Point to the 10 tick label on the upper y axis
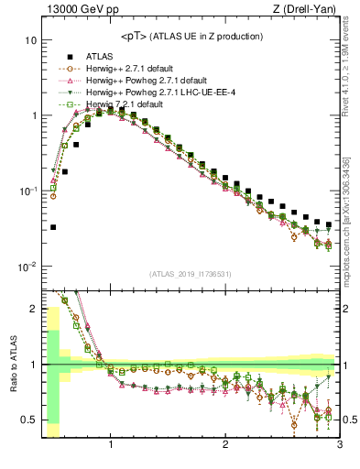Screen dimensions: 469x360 (29, 41)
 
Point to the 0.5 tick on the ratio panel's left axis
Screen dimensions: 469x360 (27, 420)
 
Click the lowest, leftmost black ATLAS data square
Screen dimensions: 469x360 (53, 226)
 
